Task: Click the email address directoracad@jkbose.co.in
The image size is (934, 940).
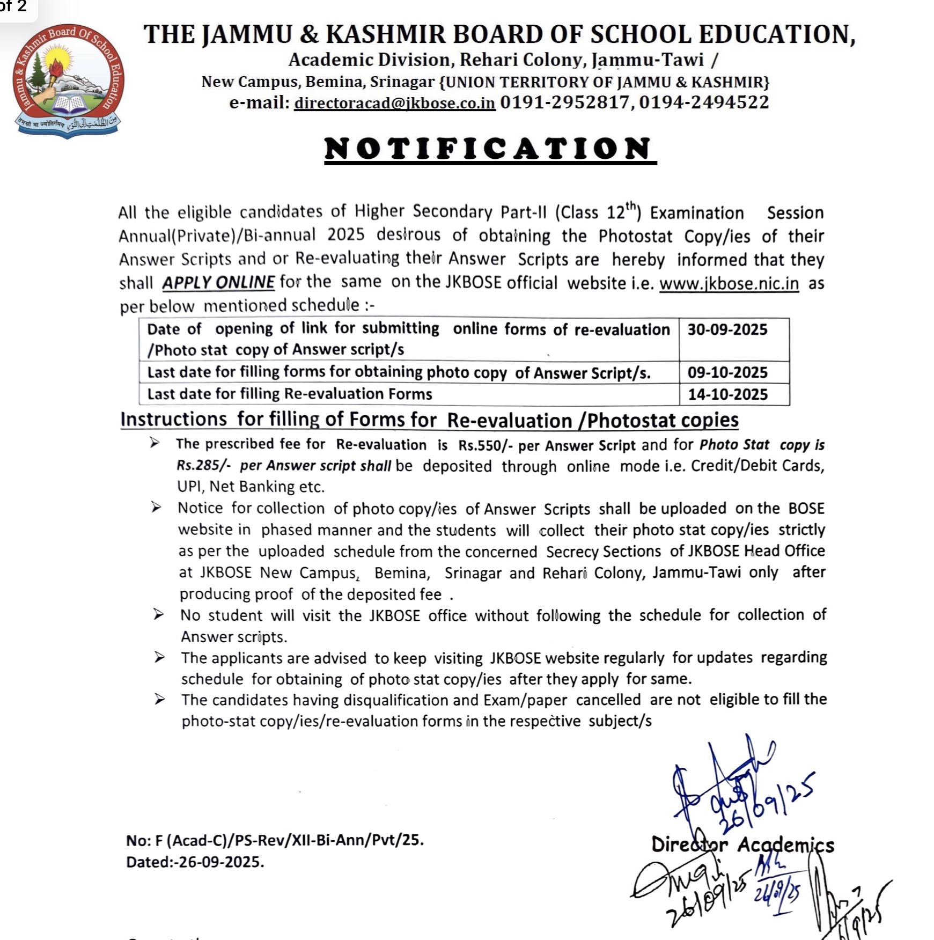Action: [394, 102]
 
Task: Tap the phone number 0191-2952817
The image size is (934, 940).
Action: [564, 102]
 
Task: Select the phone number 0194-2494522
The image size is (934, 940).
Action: [704, 102]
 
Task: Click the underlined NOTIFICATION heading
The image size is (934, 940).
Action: [490, 149]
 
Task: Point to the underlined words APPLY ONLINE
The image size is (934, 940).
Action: [218, 282]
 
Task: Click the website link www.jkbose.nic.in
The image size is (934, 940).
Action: [729, 283]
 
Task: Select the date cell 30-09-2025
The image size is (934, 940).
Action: [727, 329]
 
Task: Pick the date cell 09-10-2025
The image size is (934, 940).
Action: [727, 372]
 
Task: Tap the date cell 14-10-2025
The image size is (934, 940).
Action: [728, 394]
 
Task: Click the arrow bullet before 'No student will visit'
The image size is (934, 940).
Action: [159, 614]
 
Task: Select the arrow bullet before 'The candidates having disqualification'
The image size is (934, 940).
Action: [160, 699]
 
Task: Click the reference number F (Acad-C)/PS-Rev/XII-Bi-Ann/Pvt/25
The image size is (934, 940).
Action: [289, 840]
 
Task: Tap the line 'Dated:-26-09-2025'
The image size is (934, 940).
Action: [195, 862]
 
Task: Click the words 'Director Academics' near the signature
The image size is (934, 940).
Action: [742, 845]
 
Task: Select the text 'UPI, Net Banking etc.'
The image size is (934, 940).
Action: [251, 487]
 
